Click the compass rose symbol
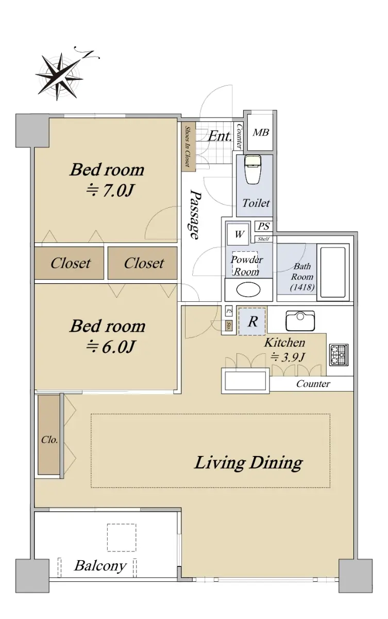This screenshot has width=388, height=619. (x=59, y=76)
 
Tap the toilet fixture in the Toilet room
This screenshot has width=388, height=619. (x=253, y=169)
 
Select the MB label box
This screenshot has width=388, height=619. (x=261, y=133)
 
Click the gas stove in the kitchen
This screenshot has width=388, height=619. (x=339, y=354)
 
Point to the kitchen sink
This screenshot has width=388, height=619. (x=300, y=320)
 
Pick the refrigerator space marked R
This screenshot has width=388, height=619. (x=252, y=321)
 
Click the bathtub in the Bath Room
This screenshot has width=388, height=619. (x=333, y=272)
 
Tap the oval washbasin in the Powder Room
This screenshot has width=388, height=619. (x=248, y=289)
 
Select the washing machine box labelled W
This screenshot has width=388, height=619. (x=238, y=234)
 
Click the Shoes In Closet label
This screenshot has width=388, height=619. (x=188, y=146)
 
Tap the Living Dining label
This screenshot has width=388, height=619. (x=249, y=463)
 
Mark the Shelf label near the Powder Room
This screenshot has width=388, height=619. (x=263, y=239)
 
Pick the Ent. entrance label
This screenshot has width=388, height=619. (x=220, y=136)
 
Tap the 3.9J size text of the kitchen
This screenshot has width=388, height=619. (x=288, y=357)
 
